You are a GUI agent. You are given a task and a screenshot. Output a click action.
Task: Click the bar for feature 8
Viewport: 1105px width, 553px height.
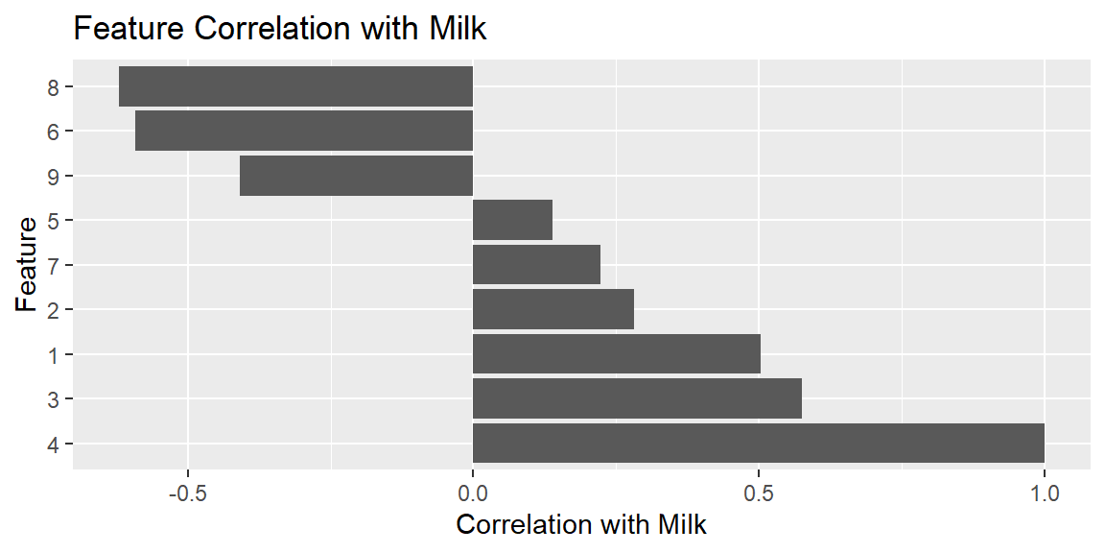[296, 86]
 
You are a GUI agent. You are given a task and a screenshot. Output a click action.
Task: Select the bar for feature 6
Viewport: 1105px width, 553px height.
[304, 131]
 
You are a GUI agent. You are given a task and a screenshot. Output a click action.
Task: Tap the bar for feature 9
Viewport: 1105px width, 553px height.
[356, 176]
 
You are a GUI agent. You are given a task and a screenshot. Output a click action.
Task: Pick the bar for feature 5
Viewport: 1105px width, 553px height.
[512, 220]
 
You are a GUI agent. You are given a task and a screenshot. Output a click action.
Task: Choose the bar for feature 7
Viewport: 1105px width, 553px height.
[536, 265]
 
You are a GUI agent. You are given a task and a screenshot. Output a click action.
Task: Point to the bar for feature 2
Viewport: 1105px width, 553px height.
[553, 309]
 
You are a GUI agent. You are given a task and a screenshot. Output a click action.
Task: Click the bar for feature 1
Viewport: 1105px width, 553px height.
[617, 354]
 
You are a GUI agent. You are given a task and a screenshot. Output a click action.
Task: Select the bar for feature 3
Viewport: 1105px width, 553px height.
[637, 398]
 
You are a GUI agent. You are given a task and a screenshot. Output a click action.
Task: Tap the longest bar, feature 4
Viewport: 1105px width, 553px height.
[759, 443]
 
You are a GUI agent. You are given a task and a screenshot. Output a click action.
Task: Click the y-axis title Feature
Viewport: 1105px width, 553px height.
[26, 265]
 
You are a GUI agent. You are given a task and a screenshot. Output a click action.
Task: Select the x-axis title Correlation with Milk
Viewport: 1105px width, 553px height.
[581, 525]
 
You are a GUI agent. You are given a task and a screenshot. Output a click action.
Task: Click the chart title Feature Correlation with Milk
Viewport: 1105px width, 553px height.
[280, 29]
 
